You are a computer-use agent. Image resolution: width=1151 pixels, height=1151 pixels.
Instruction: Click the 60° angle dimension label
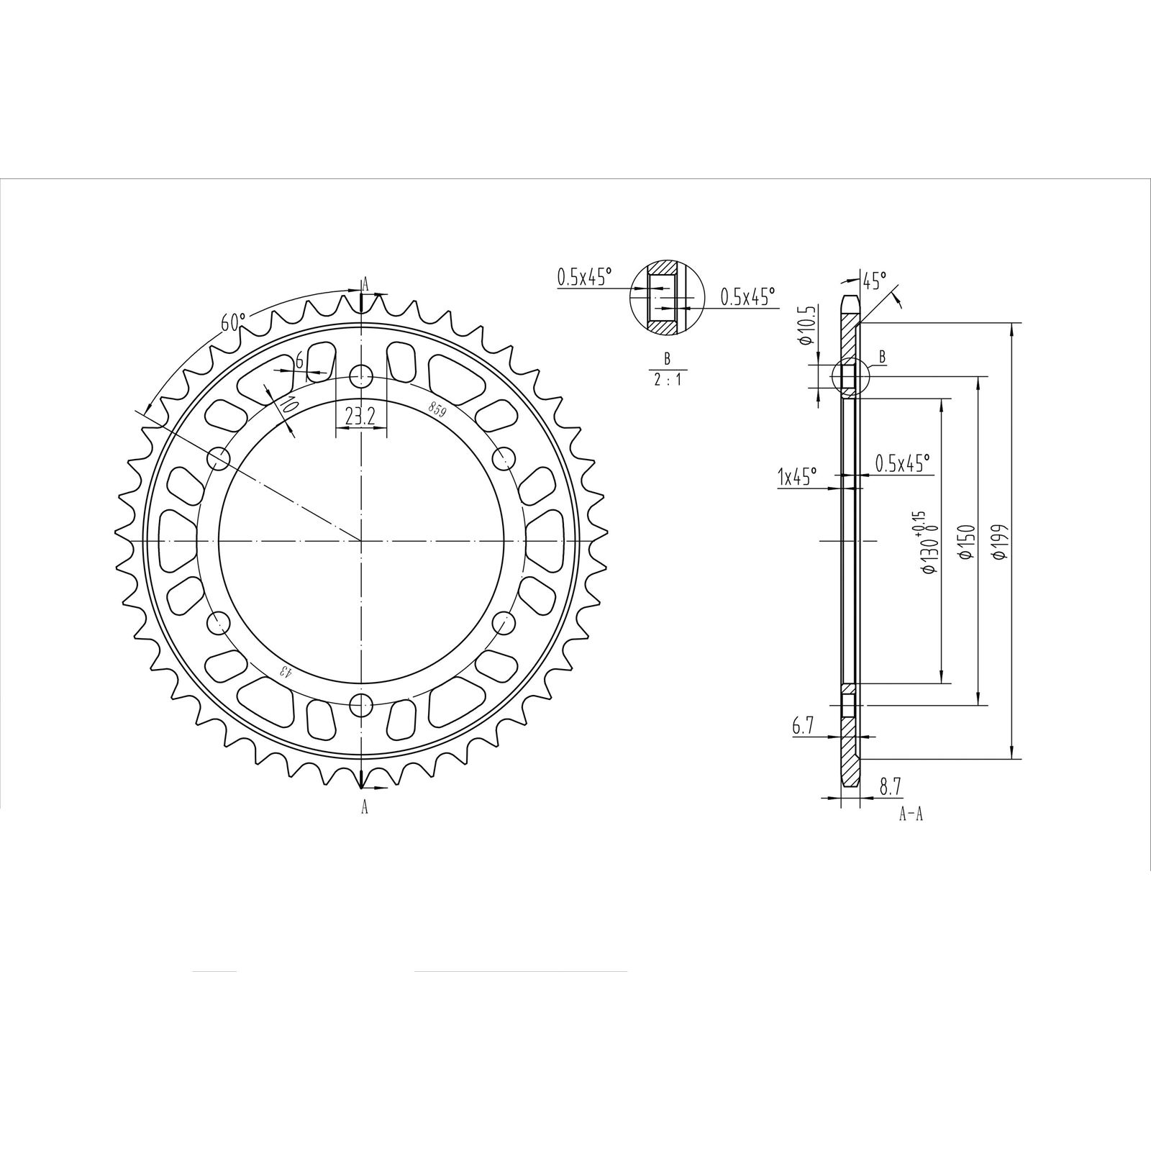pyautogui.click(x=233, y=321)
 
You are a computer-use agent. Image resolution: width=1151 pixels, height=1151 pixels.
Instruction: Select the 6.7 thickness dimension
pyautogui.click(x=802, y=727)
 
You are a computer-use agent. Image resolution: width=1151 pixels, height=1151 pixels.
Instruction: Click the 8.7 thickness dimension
pyautogui.click(x=890, y=787)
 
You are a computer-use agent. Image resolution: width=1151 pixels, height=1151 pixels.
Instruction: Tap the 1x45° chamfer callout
pyautogui.click(x=797, y=476)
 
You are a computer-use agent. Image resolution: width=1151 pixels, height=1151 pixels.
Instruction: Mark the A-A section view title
pyautogui.click(x=911, y=815)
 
